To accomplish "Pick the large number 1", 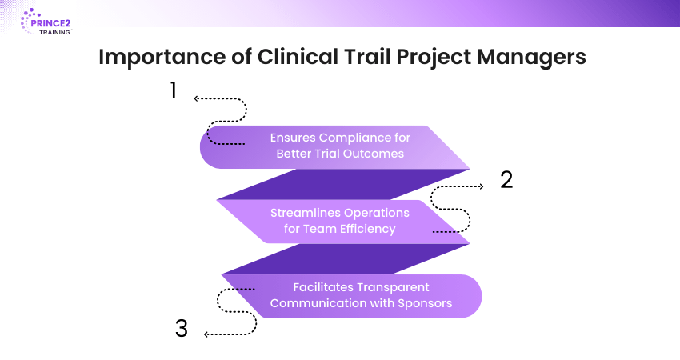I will pyautogui.click(x=172, y=90).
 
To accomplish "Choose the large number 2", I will pyautogui.click(x=506, y=179).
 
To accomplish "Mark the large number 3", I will pyautogui.click(x=182, y=328).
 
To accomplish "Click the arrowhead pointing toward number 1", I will pyautogui.click(x=196, y=99).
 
